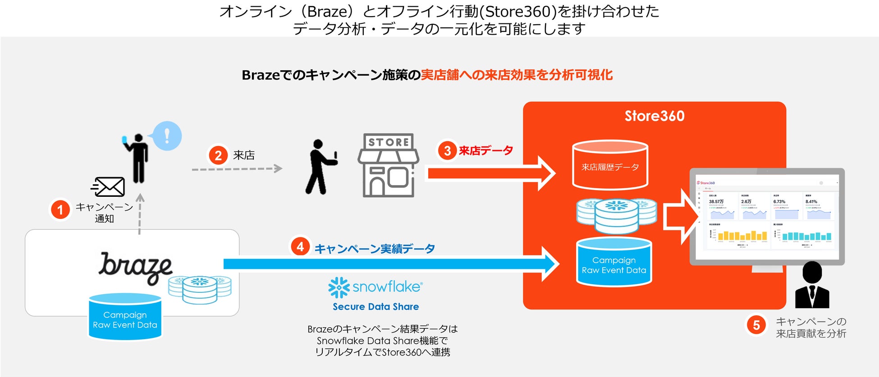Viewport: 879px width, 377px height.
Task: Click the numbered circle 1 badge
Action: pos(60,210)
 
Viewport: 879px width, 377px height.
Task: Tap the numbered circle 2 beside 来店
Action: pos(218,155)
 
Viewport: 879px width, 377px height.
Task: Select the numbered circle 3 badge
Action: pos(447,150)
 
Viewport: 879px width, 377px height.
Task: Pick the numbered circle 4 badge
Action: pos(300,247)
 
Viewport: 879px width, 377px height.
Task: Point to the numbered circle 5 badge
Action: pos(756,325)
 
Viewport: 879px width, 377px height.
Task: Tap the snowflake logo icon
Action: pos(339,287)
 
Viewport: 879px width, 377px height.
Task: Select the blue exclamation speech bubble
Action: pos(167,136)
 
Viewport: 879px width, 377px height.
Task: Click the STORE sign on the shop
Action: pos(389,142)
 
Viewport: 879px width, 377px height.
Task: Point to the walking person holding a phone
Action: pos(320,167)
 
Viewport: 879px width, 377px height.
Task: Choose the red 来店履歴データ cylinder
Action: pos(610,166)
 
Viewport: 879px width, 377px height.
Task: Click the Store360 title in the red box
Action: pos(655,116)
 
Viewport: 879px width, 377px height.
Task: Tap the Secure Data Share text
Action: pos(376,307)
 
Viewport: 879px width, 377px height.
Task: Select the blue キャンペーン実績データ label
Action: pos(375,249)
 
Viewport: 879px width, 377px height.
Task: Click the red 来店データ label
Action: pos(486,150)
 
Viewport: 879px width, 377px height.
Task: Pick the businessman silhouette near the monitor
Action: pos(812,286)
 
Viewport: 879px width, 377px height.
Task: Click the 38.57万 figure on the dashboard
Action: pos(716,202)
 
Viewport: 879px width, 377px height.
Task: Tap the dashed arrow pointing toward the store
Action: pos(237,169)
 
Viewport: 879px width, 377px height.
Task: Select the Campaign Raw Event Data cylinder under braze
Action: pos(125,317)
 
